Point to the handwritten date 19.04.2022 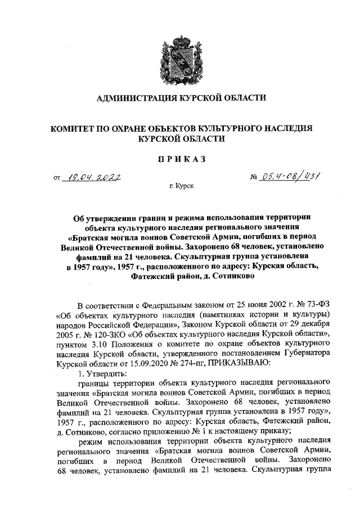tap(93, 178)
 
